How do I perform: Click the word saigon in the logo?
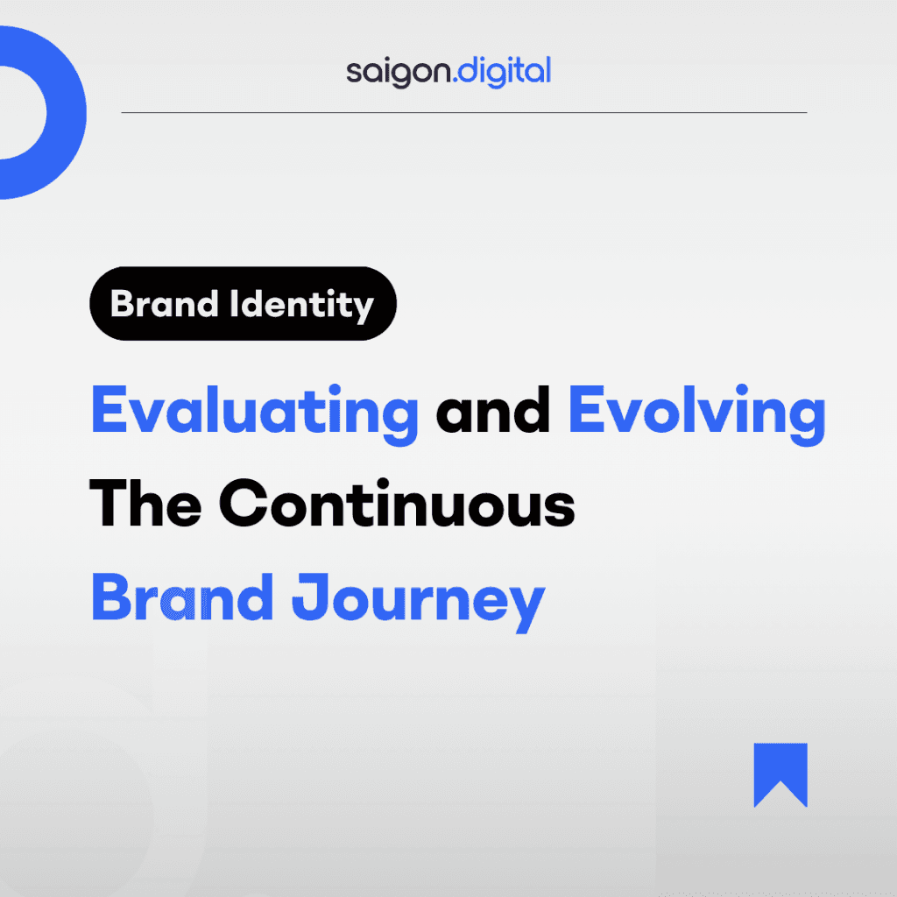tap(399, 73)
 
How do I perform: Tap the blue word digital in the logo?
tap(505, 72)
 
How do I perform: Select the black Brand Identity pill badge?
tap(244, 303)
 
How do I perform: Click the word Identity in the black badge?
tap(301, 306)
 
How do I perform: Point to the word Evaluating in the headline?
tap(255, 413)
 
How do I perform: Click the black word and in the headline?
tap(493, 410)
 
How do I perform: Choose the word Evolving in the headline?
tap(696, 413)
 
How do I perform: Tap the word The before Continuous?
tap(145, 503)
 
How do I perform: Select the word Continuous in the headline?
tap(397, 503)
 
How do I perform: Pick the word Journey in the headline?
tap(418, 602)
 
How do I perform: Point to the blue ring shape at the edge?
tap(66, 113)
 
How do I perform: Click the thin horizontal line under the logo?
tap(464, 113)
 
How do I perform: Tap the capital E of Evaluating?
tap(109, 409)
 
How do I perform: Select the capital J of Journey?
tap(309, 597)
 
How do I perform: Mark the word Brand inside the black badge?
tap(164, 303)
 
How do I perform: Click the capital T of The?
tap(109, 503)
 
